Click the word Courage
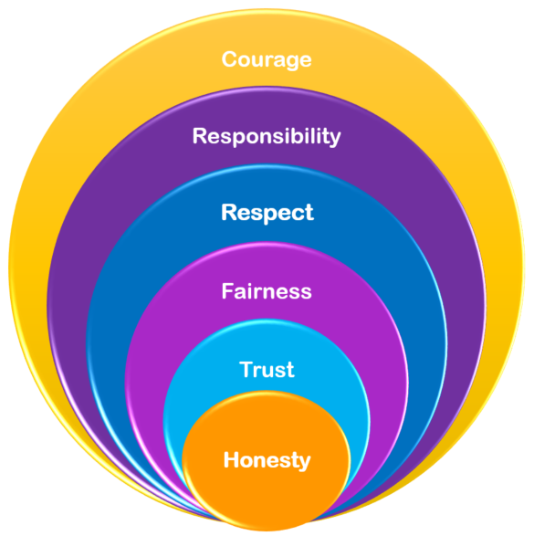tap(267, 60)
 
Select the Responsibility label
tap(267, 136)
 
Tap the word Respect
tap(267, 213)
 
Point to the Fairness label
tap(267, 291)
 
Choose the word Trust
tap(267, 370)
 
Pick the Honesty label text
tap(267, 460)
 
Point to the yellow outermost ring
tap(267, 31)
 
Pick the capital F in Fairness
tap(228, 291)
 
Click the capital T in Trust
tap(246, 369)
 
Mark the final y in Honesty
tap(304, 463)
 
